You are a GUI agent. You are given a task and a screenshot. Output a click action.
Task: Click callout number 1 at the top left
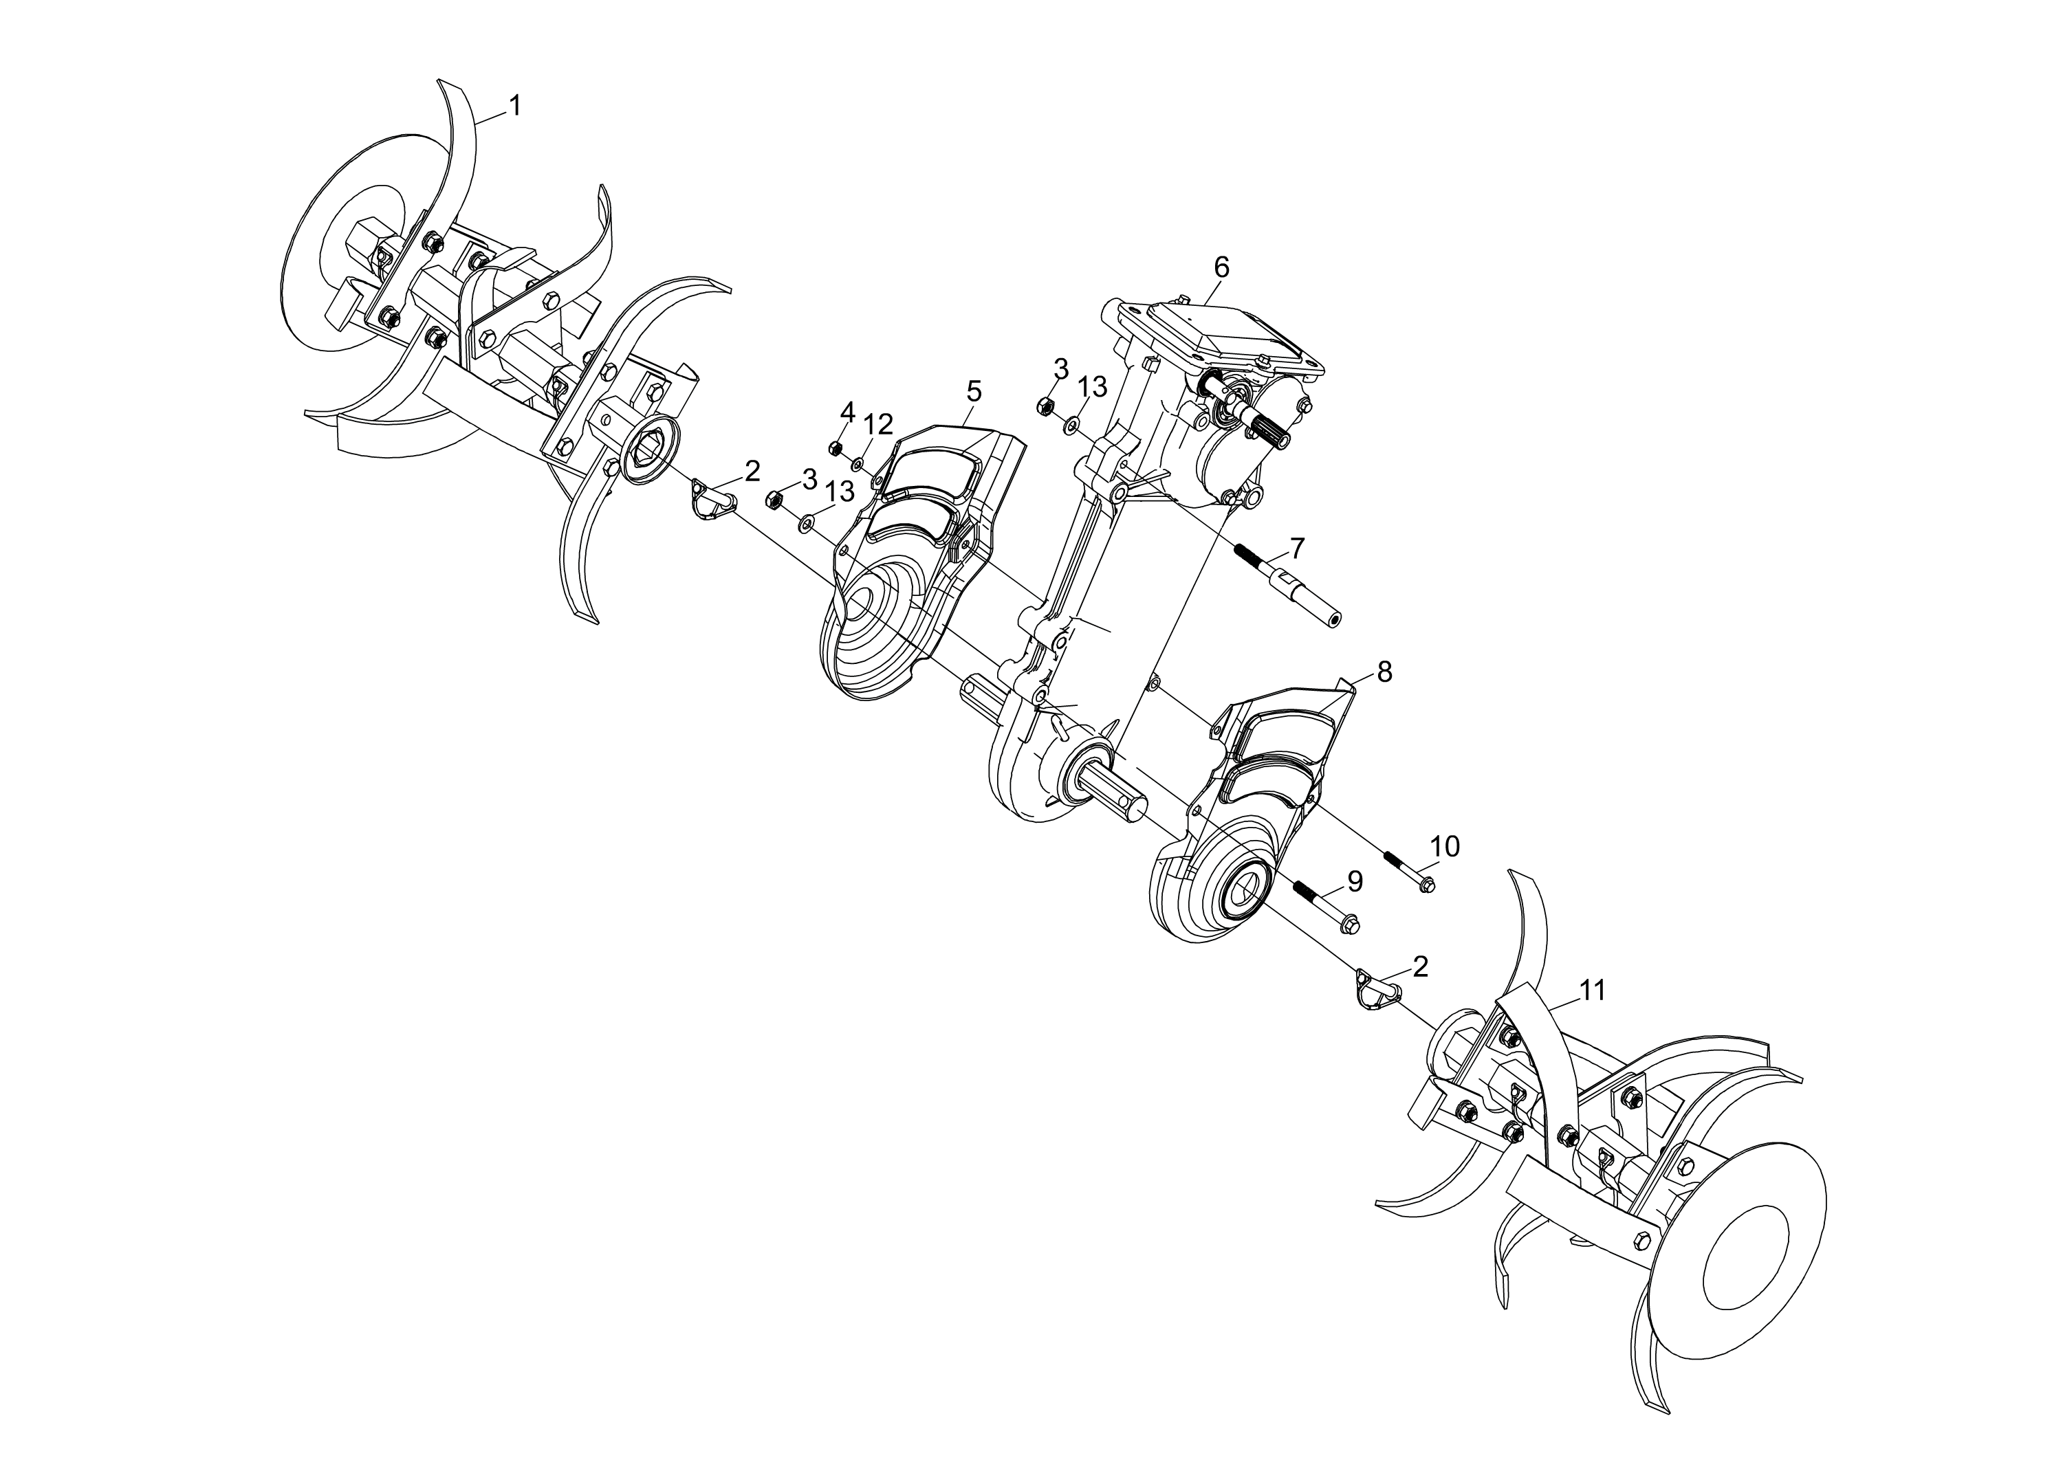coord(514,106)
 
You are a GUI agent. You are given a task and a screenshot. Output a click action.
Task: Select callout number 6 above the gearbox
coord(1221,267)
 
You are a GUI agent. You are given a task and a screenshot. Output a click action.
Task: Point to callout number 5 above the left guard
coord(974,391)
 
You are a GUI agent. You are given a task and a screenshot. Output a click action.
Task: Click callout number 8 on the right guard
coord(1384,672)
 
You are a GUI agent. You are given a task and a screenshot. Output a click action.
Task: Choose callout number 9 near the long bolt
coord(1354,882)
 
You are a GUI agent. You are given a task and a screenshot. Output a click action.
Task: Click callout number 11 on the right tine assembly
coord(1593,991)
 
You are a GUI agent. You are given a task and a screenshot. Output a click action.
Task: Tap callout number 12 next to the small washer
coord(879,424)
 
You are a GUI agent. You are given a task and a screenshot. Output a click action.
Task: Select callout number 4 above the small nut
coord(847,412)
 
